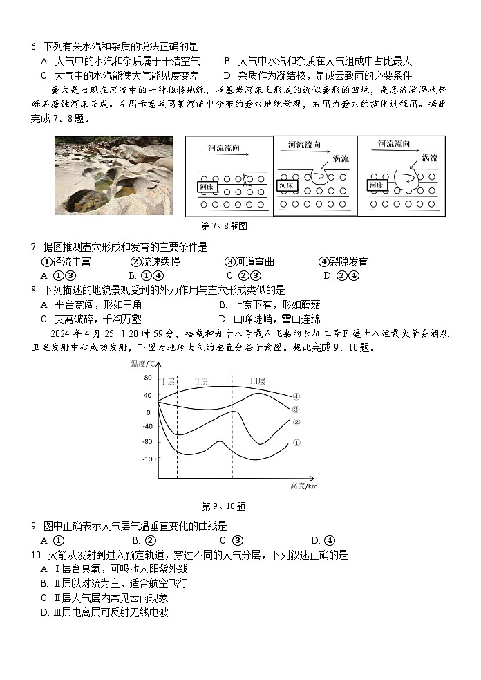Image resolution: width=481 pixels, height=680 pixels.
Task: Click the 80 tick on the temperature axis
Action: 147,378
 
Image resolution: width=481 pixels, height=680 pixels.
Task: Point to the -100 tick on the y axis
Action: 145,459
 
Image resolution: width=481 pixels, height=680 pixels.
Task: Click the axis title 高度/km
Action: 303,487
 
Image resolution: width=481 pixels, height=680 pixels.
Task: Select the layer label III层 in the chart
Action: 258,381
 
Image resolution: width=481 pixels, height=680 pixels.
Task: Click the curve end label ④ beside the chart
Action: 296,396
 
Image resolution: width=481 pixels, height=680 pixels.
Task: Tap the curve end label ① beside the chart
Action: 296,443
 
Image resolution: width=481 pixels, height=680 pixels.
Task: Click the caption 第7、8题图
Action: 224,226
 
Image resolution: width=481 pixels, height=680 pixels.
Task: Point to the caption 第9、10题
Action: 223,506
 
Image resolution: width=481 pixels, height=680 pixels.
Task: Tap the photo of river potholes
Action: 114,175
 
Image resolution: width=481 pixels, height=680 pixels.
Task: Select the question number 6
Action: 33,47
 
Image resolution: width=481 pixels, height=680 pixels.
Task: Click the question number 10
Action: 35,555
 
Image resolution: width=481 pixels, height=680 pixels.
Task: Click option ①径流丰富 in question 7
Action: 66,261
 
